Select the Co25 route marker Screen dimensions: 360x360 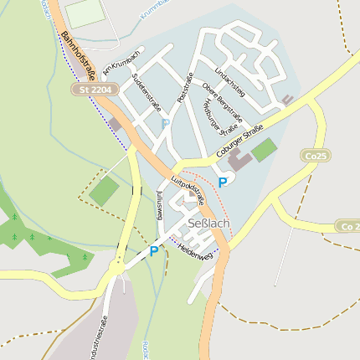click(314, 156)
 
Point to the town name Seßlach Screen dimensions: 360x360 click(210, 224)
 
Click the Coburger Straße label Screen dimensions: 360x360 click(239, 141)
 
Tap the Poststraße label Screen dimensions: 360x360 click(186, 88)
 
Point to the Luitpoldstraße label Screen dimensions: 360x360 click(188, 189)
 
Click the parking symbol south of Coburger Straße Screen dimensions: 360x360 click(222, 182)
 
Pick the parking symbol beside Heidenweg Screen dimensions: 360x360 click(153, 250)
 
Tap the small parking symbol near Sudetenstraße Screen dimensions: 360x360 click(165, 123)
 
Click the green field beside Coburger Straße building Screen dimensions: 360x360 click(264, 150)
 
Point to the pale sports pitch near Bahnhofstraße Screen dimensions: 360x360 click(85, 13)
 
